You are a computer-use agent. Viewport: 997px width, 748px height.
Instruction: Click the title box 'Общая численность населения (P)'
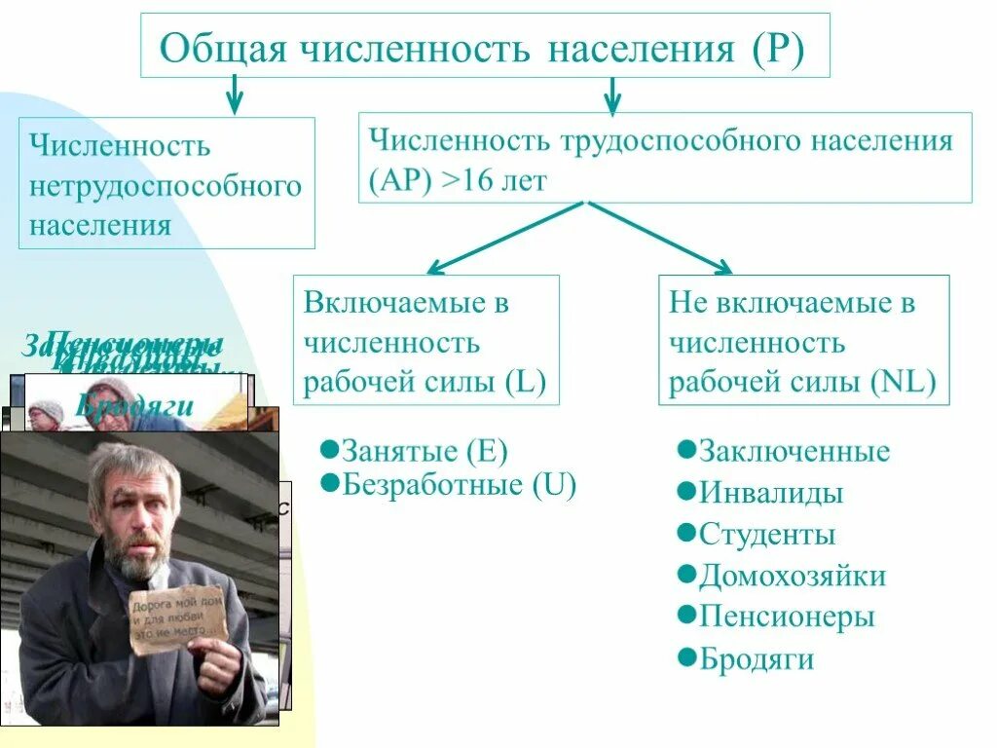[485, 46]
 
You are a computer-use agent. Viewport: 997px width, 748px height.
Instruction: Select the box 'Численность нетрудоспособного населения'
[166, 183]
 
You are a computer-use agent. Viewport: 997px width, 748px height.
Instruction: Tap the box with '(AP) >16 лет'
[665, 157]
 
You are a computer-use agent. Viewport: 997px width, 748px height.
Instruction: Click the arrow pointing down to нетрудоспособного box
[234, 96]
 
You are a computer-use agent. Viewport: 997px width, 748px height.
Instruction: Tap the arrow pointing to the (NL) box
[662, 237]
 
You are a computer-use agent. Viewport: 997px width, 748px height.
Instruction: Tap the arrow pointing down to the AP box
[611, 95]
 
